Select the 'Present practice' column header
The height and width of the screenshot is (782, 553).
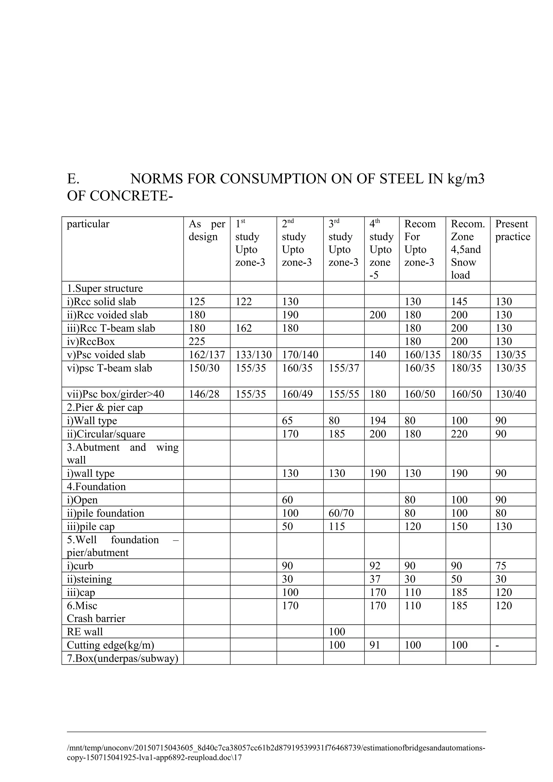click(x=512, y=230)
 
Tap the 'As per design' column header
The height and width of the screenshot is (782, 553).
click(x=207, y=230)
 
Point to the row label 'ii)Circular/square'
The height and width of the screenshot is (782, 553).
click(x=106, y=434)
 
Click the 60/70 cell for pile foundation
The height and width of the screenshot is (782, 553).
click(x=341, y=513)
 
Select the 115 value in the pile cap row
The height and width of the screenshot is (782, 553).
click(x=337, y=526)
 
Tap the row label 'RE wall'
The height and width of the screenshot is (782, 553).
click(x=85, y=632)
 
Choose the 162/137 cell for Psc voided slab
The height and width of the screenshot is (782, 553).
click(x=207, y=355)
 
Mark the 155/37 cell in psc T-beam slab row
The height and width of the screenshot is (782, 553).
click(x=343, y=368)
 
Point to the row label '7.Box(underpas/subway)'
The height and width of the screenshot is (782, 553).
click(x=122, y=658)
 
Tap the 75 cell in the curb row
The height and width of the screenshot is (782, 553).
click(x=501, y=566)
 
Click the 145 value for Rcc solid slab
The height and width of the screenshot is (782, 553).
click(x=459, y=302)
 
